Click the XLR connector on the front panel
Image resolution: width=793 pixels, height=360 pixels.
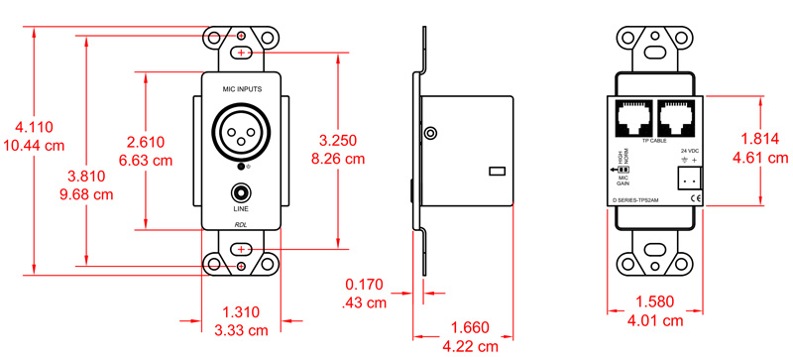[241, 129]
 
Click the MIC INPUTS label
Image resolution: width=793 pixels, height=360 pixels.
[241, 90]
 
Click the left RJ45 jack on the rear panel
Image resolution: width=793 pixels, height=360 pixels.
[633, 119]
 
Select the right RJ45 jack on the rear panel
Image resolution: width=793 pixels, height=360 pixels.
[676, 119]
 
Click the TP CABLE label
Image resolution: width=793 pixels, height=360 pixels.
[654, 142]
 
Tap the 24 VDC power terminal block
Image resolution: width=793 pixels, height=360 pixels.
[687, 179]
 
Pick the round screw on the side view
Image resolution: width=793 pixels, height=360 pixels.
[430, 133]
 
